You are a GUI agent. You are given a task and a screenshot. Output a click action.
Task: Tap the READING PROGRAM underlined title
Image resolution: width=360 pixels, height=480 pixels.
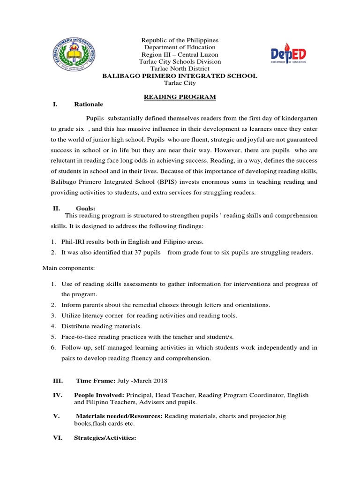180,97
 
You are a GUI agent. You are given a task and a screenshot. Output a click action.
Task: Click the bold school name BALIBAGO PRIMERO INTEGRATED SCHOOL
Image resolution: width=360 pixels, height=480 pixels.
180,76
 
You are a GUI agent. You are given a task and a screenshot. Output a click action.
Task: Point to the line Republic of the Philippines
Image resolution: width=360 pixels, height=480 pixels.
180,41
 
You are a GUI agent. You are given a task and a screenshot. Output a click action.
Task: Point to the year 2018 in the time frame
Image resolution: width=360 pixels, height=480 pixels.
159,380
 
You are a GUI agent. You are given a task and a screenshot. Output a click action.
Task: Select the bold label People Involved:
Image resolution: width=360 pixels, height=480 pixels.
99,395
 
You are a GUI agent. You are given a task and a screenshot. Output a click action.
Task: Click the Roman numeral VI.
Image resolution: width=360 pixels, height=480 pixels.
57,438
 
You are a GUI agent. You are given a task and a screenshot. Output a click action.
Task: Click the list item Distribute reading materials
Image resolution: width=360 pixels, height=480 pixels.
102,326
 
